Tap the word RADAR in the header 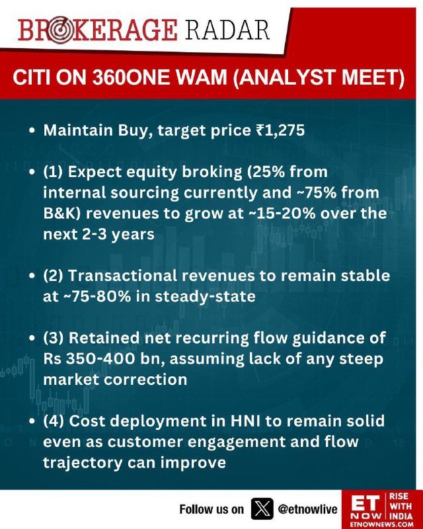[x=227, y=30]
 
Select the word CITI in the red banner [x=31, y=77]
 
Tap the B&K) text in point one [x=62, y=213]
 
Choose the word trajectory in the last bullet [x=83, y=462]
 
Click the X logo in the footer [x=262, y=509]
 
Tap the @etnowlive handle [x=307, y=509]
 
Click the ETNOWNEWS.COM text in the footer [x=381, y=524]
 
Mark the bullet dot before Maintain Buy [x=32, y=131]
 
